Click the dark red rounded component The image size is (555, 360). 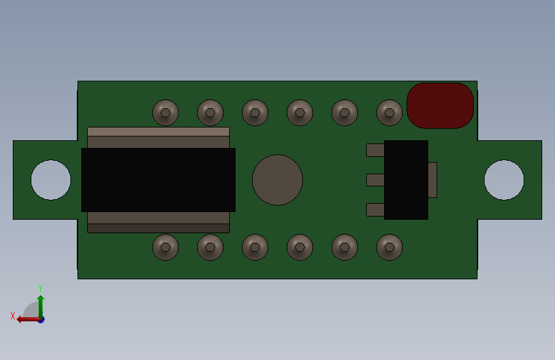coord(440,106)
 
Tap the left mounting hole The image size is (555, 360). coord(51,180)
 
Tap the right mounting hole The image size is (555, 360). coord(504,180)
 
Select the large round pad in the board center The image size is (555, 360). coord(278,180)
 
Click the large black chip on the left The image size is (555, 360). coord(158,180)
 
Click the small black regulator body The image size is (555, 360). coord(406,180)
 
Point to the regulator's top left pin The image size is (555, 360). coord(375,151)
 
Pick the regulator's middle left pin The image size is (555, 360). coord(375,180)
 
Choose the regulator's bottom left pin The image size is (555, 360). coord(375,209)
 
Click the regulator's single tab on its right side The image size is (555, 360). coord(433,180)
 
